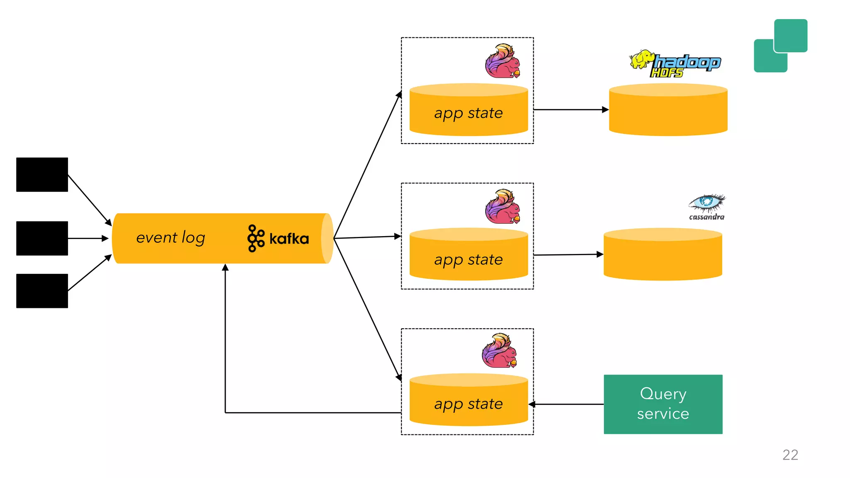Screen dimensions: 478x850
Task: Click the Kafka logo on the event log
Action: point(278,239)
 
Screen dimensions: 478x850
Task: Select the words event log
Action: point(171,238)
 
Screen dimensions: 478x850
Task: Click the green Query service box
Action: point(663,404)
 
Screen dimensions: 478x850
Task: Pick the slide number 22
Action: point(790,455)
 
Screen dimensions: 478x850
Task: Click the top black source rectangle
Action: point(42,175)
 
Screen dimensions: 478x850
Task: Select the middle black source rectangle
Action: point(42,238)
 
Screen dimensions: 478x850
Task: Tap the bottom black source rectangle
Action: point(42,291)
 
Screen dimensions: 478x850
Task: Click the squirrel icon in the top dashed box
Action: point(503,61)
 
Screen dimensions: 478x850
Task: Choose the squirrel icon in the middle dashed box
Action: point(503,207)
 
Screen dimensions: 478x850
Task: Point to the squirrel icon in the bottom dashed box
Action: point(500,351)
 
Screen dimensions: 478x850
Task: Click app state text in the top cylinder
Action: point(468,113)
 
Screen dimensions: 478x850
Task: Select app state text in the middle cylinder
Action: point(468,260)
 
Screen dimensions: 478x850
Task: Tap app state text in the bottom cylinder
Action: point(468,404)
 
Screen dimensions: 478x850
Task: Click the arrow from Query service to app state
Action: point(567,404)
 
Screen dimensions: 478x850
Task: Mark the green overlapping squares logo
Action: point(780,46)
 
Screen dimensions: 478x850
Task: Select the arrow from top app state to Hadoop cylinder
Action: point(571,110)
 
